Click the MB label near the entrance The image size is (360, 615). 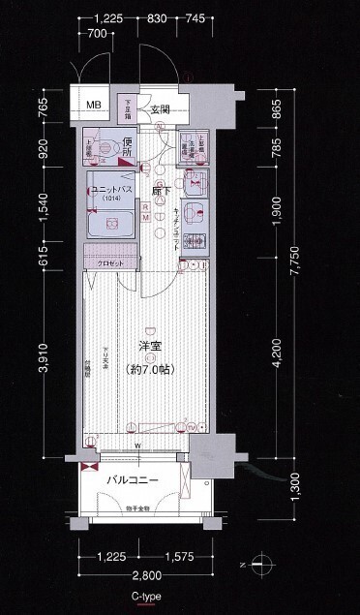point(95,106)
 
